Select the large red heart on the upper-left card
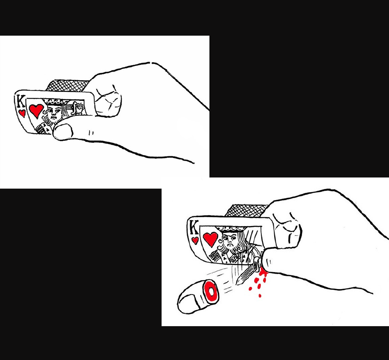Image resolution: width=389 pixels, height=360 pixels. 36,110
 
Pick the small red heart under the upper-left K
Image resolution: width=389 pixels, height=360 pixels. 22,113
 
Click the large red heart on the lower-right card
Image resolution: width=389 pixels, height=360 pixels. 210,239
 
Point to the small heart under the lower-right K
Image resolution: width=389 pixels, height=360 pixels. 195,240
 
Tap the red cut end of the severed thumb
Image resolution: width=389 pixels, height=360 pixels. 211,292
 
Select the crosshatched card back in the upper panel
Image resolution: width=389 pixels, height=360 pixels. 67,85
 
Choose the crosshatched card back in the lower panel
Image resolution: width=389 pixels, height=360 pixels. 245,210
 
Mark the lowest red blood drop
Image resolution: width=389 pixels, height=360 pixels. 260,295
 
